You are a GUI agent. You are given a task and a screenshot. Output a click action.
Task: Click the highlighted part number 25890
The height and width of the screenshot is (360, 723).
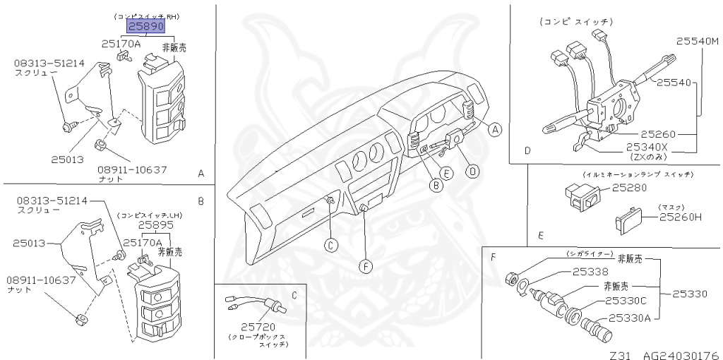click(x=145, y=27)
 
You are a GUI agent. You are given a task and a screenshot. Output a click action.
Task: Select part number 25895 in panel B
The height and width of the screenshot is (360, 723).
click(x=155, y=224)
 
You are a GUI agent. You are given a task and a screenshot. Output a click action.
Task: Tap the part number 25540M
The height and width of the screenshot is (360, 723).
click(x=697, y=41)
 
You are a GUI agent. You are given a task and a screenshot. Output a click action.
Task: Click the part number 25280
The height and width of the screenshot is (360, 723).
click(x=628, y=188)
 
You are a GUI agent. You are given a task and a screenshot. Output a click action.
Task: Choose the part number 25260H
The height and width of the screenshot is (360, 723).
click(x=681, y=217)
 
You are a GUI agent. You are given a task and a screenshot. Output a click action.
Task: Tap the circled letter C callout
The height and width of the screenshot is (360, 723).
click(x=330, y=245)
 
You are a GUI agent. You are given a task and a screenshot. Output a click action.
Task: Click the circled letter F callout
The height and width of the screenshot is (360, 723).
click(x=365, y=266)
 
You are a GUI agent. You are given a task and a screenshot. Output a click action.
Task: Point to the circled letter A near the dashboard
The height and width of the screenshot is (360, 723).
click(x=495, y=129)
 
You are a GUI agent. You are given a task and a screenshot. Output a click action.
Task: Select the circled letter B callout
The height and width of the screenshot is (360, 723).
click(x=437, y=186)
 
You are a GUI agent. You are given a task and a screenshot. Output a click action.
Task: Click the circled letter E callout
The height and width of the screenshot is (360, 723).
click(x=446, y=172)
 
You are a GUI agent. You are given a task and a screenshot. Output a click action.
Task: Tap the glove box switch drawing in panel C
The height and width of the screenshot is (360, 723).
click(x=257, y=305)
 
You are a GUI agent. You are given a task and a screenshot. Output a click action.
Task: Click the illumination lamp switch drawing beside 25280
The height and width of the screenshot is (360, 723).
click(x=581, y=194)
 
